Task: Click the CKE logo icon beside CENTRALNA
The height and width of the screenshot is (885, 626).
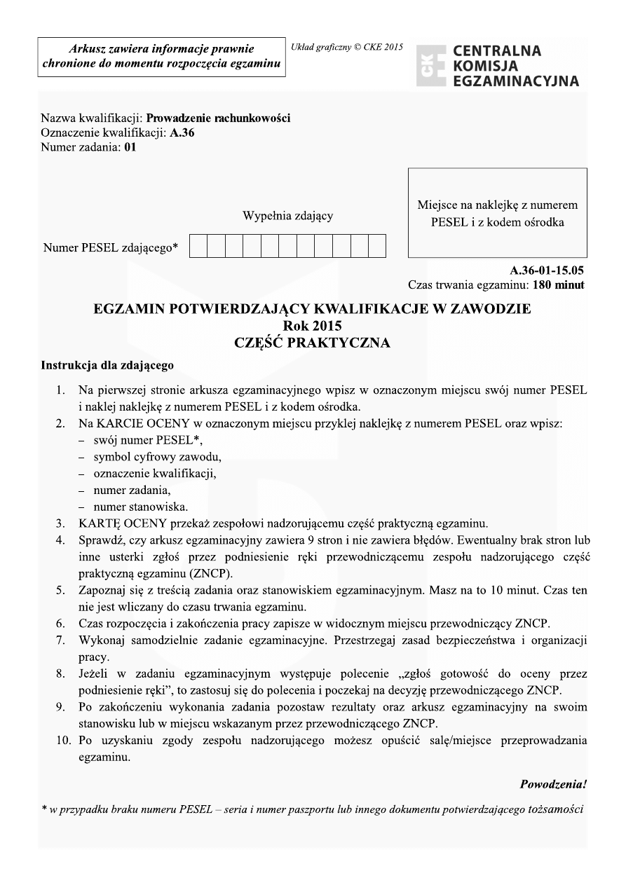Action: (x=430, y=66)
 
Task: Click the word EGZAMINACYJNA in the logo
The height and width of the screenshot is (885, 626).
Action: (x=516, y=81)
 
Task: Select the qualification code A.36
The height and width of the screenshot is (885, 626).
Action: (x=182, y=133)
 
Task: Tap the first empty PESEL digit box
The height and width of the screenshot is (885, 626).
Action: (x=198, y=247)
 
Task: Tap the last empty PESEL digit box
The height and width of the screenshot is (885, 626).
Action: (x=377, y=247)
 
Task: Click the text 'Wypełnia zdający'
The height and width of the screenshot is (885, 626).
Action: (x=287, y=216)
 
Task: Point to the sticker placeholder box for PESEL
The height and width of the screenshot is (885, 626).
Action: (x=497, y=213)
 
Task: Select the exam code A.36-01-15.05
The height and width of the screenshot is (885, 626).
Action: (x=547, y=270)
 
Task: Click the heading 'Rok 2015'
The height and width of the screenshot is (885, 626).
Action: (x=313, y=326)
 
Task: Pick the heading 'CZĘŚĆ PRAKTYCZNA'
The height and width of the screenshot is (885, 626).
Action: (x=313, y=343)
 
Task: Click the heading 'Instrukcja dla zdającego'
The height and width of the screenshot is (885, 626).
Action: (x=107, y=365)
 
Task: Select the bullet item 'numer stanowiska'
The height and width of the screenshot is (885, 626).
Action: (x=140, y=506)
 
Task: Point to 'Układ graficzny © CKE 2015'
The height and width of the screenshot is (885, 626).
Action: (x=347, y=47)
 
